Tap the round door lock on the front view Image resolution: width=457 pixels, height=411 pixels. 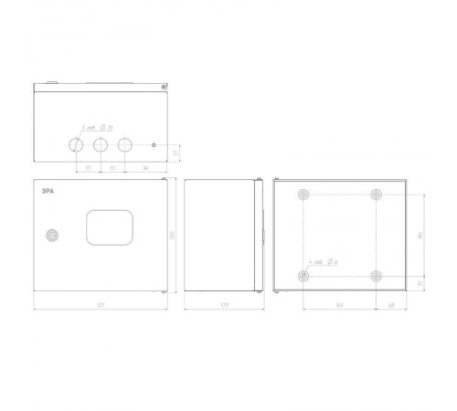pyautogui.click(x=53, y=236)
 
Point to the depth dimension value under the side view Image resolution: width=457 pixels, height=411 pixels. pyautogui.click(x=220, y=304)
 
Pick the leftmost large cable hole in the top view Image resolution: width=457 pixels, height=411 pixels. pyautogui.click(x=75, y=144)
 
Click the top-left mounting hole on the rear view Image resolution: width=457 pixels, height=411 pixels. pyautogui.click(x=303, y=195)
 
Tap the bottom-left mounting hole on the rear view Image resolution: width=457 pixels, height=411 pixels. pyautogui.click(x=303, y=275)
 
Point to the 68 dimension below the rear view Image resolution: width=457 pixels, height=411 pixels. pyautogui.click(x=390, y=304)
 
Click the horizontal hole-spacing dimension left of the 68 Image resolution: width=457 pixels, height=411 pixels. pyautogui.click(x=339, y=304)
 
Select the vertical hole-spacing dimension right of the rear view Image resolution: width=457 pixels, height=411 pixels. pyautogui.click(x=420, y=235)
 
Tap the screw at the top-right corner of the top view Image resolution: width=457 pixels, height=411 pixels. pyautogui.click(x=163, y=88)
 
